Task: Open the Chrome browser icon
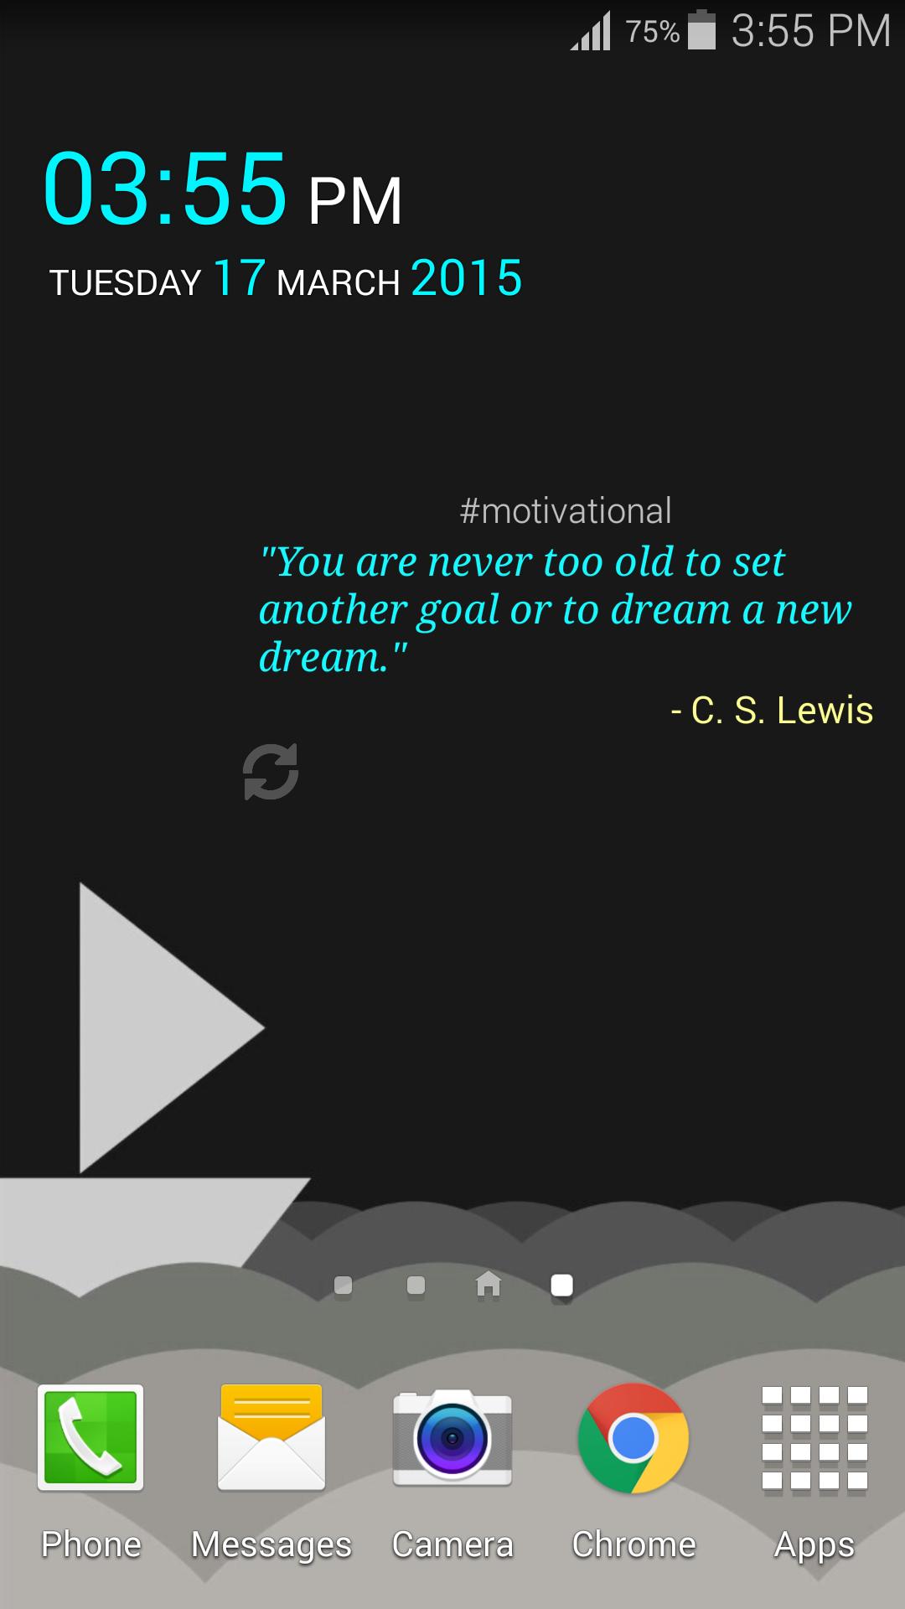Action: coord(633,1438)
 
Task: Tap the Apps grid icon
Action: coord(814,1438)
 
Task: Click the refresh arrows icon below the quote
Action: coord(271,771)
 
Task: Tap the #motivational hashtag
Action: coord(566,511)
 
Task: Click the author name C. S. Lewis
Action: coord(781,711)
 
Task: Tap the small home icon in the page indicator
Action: coord(489,1284)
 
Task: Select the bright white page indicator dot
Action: coord(561,1285)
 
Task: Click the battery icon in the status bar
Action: coord(702,30)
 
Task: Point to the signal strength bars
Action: coord(592,32)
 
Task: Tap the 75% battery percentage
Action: coord(652,32)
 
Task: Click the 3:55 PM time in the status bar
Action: coord(810,32)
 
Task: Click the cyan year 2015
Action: coord(467,278)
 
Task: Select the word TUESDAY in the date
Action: coord(126,282)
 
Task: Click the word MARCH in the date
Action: coord(339,282)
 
